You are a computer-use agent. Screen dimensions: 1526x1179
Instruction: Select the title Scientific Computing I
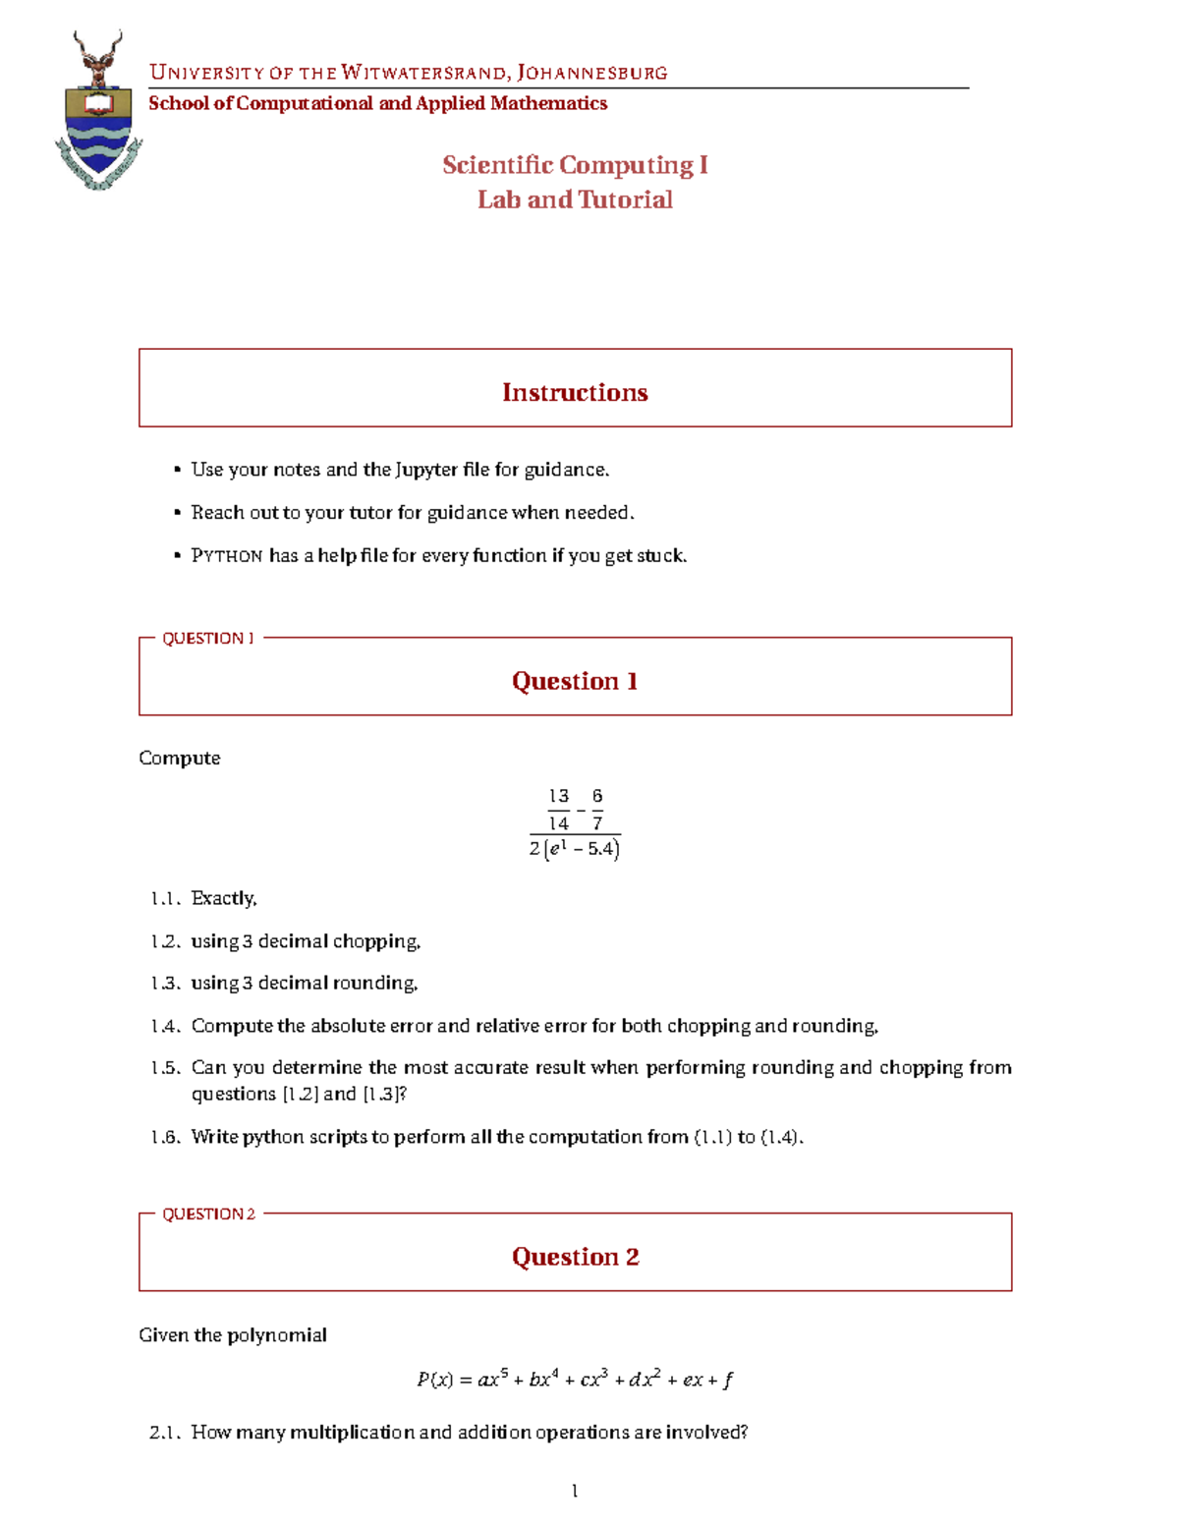pyautogui.click(x=575, y=165)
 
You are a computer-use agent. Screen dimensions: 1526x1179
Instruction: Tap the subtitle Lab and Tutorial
pyautogui.click(x=575, y=199)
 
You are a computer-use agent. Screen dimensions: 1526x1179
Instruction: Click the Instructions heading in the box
pyautogui.click(x=575, y=392)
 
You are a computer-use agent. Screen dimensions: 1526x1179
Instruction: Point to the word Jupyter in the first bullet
pyautogui.click(x=426, y=470)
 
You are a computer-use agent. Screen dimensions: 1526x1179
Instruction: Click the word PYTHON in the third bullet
pyautogui.click(x=227, y=556)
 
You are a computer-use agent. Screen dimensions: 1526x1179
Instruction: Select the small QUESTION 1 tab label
pyautogui.click(x=207, y=638)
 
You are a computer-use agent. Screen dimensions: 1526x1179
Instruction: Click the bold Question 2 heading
pyautogui.click(x=575, y=1257)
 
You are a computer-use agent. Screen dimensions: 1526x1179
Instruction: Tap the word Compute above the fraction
pyautogui.click(x=180, y=758)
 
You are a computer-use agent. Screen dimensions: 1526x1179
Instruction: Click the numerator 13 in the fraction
pyautogui.click(x=558, y=796)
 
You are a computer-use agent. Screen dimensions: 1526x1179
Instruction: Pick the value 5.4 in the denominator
pyautogui.click(x=600, y=849)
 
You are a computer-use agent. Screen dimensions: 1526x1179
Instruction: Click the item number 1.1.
pyautogui.click(x=164, y=898)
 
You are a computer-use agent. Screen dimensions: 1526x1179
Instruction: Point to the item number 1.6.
pyautogui.click(x=164, y=1137)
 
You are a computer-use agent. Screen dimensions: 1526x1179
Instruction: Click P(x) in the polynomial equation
pyautogui.click(x=434, y=1380)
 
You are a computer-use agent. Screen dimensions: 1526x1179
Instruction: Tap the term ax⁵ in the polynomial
pyautogui.click(x=491, y=1379)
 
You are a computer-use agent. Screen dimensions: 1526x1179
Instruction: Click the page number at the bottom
pyautogui.click(x=575, y=1492)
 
